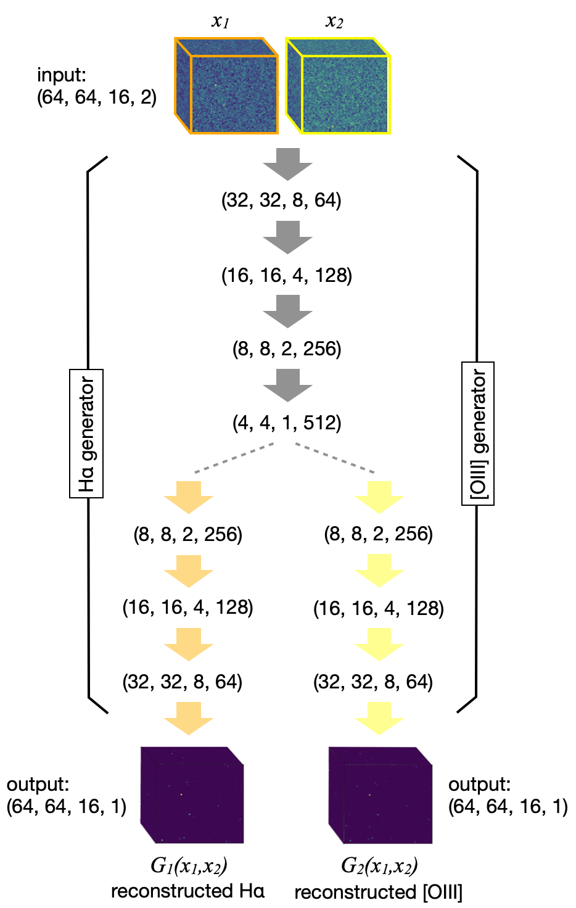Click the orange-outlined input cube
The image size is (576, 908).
[226, 86]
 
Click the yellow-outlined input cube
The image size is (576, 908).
[338, 86]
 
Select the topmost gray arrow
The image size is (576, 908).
[287, 164]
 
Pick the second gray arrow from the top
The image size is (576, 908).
[287, 237]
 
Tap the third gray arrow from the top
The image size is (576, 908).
[287, 312]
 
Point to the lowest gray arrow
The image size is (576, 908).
[287, 386]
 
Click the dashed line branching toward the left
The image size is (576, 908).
[234, 458]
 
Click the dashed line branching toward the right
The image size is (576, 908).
[335, 458]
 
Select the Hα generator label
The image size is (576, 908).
[86, 434]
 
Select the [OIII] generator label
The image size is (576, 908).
[478, 434]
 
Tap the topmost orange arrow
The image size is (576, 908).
[189, 497]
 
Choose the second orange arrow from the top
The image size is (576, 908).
[189, 571]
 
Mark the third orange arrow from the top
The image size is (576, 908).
[189, 645]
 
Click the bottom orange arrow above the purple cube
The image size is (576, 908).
[189, 719]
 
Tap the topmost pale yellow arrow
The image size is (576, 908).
[379, 497]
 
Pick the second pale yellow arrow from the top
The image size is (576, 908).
[379, 571]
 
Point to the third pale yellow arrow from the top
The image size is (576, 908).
[379, 645]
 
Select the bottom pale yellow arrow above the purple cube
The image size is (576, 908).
[379, 719]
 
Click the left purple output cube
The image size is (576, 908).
[192, 795]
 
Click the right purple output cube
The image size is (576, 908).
[380, 795]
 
